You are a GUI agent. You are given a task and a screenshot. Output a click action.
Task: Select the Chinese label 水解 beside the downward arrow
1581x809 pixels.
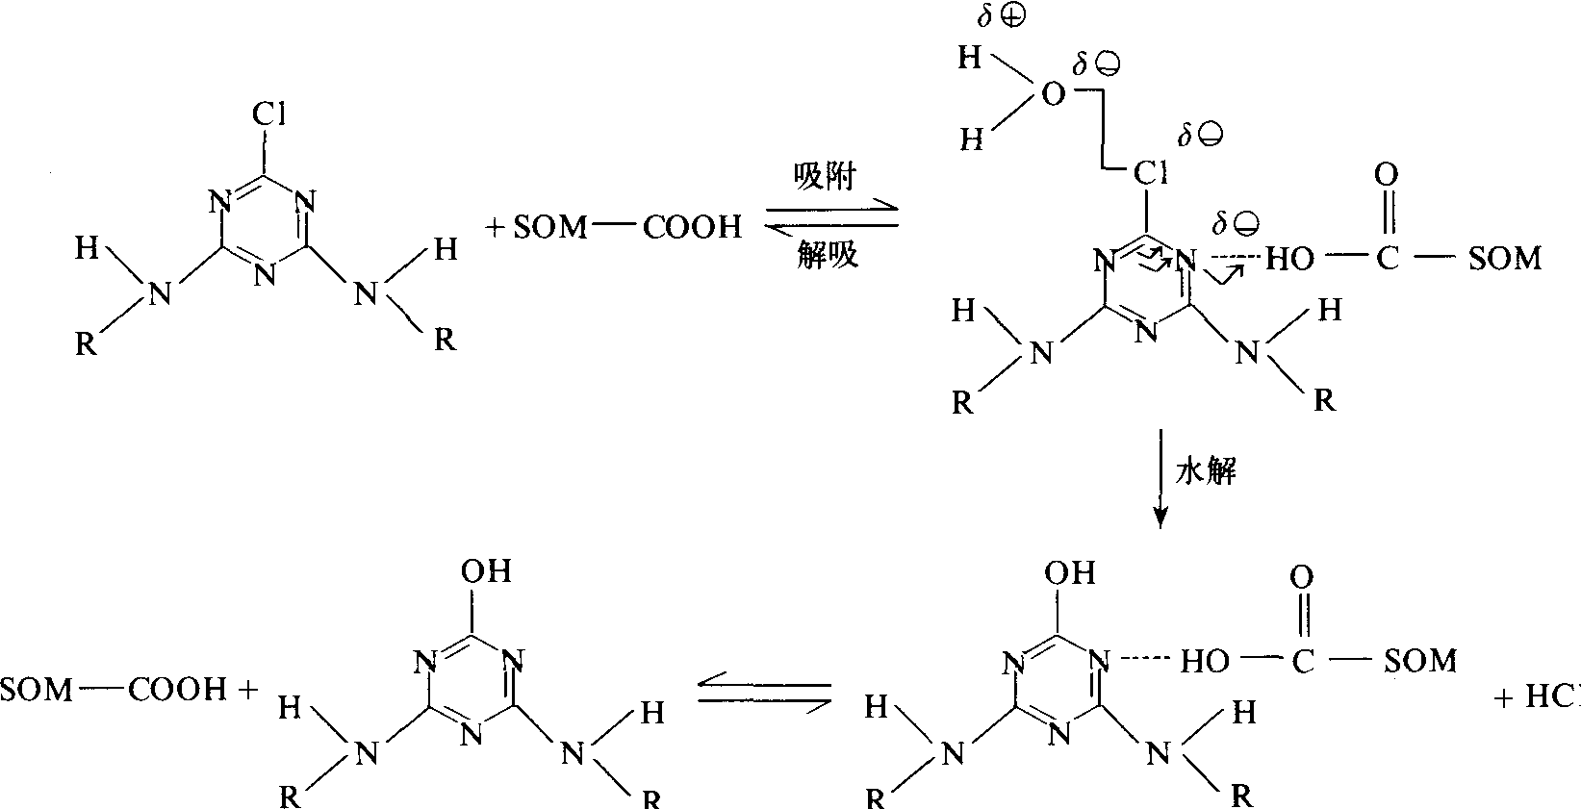tap(1206, 472)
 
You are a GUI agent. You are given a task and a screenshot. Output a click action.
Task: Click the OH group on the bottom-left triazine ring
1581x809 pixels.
tap(485, 571)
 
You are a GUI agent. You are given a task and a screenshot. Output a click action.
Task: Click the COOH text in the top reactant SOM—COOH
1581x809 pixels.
tap(692, 227)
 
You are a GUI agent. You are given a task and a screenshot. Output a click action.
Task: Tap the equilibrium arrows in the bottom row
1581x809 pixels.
tap(764, 693)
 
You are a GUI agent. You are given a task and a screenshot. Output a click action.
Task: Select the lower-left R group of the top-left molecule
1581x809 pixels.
tap(88, 343)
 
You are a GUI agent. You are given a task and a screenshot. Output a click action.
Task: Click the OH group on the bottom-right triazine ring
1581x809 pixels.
tap(1070, 572)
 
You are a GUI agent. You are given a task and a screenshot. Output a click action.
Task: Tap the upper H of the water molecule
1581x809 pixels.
tap(970, 59)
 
